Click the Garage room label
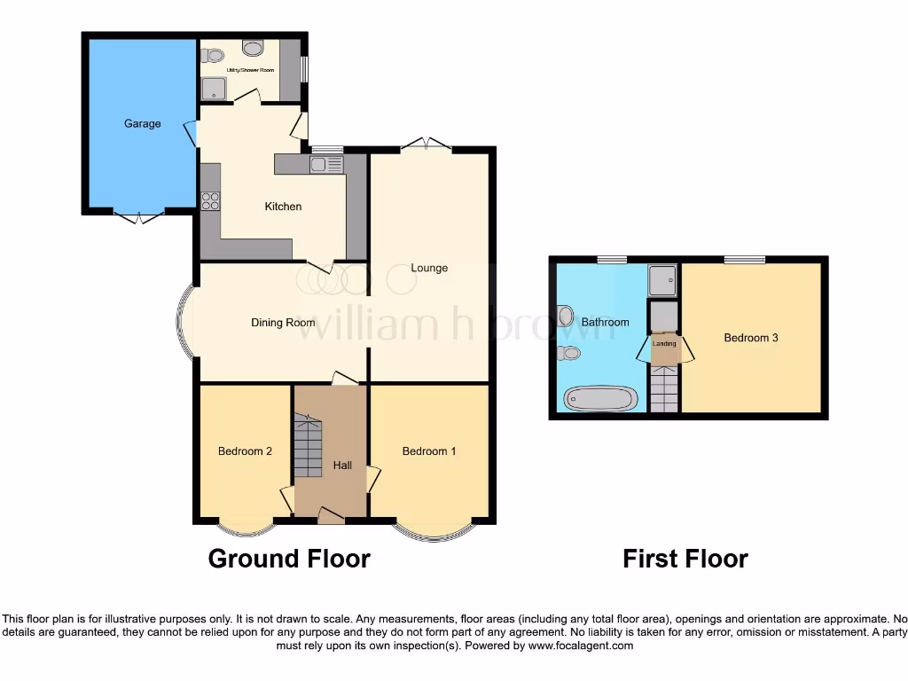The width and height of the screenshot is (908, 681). tap(142, 123)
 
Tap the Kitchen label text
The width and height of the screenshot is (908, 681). tap(283, 207)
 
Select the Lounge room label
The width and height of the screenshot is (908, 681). tap(429, 268)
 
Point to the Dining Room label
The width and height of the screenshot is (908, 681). tap(283, 323)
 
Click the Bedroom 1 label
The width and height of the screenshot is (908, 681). tap(429, 451)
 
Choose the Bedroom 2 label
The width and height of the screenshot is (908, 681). tap(245, 451)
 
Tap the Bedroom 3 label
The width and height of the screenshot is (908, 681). tap(751, 338)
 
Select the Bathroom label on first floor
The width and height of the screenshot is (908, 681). tap(605, 322)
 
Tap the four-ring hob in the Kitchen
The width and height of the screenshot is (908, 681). tap(210, 200)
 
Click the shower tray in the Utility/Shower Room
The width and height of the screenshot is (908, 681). tap(214, 88)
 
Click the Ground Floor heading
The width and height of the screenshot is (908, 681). tap(289, 559)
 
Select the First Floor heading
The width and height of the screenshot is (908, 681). tap(685, 559)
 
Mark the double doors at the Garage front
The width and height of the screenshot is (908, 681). tap(138, 215)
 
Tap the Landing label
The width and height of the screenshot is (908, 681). tap(664, 343)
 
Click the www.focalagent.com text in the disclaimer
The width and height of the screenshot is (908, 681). tap(581, 646)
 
